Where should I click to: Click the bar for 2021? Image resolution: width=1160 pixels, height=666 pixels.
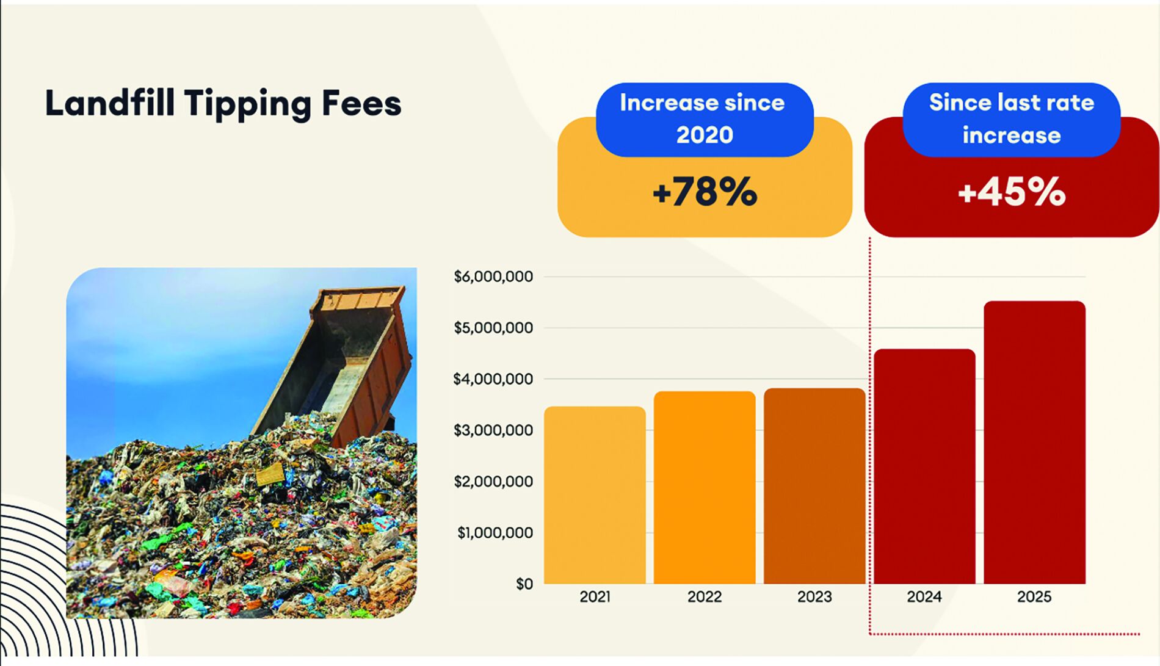point(595,495)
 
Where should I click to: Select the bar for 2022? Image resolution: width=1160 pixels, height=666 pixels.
point(705,488)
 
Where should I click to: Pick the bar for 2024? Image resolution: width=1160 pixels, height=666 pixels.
point(924,466)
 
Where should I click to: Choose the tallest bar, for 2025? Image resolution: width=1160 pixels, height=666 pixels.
point(1034,443)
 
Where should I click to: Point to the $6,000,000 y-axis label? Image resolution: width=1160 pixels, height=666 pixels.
point(493,277)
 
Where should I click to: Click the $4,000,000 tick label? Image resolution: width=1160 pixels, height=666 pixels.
point(493,379)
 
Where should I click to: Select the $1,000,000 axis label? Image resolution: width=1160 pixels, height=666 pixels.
point(495,533)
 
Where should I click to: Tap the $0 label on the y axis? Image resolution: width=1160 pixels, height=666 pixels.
point(524,584)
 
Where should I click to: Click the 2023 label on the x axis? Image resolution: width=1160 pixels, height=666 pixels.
point(814,596)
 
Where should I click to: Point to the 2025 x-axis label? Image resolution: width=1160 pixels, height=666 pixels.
point(1034,596)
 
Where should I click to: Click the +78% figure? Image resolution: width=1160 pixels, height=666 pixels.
point(705,192)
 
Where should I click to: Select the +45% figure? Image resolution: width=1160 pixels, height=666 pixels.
point(1012,192)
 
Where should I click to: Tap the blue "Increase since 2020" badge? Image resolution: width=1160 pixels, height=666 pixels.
point(705,119)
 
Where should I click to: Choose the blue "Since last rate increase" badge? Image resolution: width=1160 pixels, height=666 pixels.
point(1012,119)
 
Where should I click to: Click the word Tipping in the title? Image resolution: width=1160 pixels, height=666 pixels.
point(248,104)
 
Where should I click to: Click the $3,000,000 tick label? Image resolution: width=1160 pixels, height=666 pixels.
point(493,430)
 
